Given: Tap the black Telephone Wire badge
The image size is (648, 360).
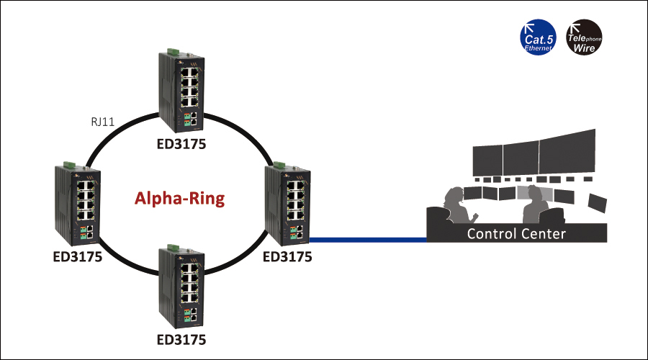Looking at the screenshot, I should (584, 37).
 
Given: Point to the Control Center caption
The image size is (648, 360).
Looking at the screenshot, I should (516, 233).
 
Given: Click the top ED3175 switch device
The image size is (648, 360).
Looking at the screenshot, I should (181, 90).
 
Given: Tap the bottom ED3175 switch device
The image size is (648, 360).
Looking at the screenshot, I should (181, 284).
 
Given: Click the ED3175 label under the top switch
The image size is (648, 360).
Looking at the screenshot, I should (181, 143).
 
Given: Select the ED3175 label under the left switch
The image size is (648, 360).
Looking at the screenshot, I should (77, 257).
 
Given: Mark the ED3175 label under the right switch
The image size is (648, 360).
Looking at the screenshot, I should (287, 256).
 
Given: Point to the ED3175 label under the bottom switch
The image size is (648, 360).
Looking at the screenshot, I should (181, 338).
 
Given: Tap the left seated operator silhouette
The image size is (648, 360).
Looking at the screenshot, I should (453, 209).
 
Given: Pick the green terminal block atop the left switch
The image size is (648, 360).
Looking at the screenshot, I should (68, 165).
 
